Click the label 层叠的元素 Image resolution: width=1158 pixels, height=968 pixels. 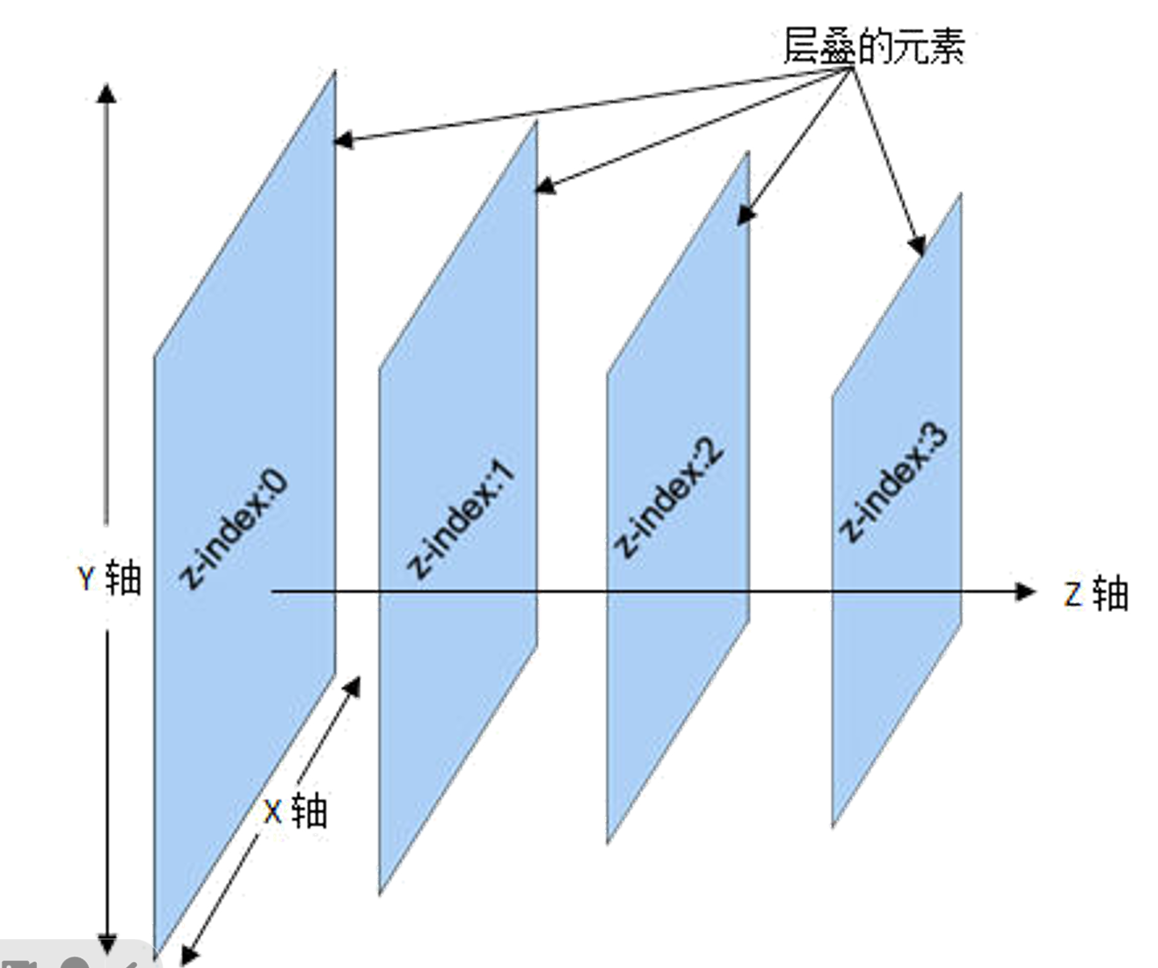(873, 45)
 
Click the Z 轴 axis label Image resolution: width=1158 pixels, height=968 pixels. (1096, 594)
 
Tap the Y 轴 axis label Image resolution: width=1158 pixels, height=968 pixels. (109, 579)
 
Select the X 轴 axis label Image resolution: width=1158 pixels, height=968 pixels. (295, 810)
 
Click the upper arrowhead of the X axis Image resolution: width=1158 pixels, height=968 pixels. (353, 684)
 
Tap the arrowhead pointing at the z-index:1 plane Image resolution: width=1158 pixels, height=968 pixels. (544, 186)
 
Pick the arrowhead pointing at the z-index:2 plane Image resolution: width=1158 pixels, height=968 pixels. (745, 215)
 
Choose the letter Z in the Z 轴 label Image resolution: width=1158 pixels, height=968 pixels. (1073, 595)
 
